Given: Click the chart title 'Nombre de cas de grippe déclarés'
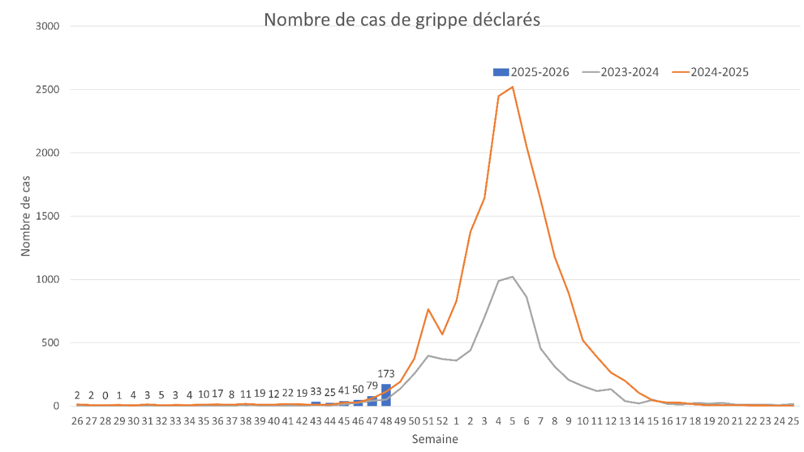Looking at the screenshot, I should pos(402,19).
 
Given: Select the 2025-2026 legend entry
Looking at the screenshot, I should pos(531,72).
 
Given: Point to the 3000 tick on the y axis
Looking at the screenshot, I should pos(48,26).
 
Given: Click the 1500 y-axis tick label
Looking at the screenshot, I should pos(48,216).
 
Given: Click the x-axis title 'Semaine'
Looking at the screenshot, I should pos(435,439).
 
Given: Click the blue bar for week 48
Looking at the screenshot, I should pos(386,395).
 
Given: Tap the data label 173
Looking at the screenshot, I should pos(386,375).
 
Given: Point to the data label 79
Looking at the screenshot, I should pos(372,385).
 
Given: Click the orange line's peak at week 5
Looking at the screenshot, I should pos(513,87).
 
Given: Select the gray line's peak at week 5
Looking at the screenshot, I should pos(513,276).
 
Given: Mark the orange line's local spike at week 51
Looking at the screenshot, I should pos(428,309).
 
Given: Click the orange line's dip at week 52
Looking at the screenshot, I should pos(442,334).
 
